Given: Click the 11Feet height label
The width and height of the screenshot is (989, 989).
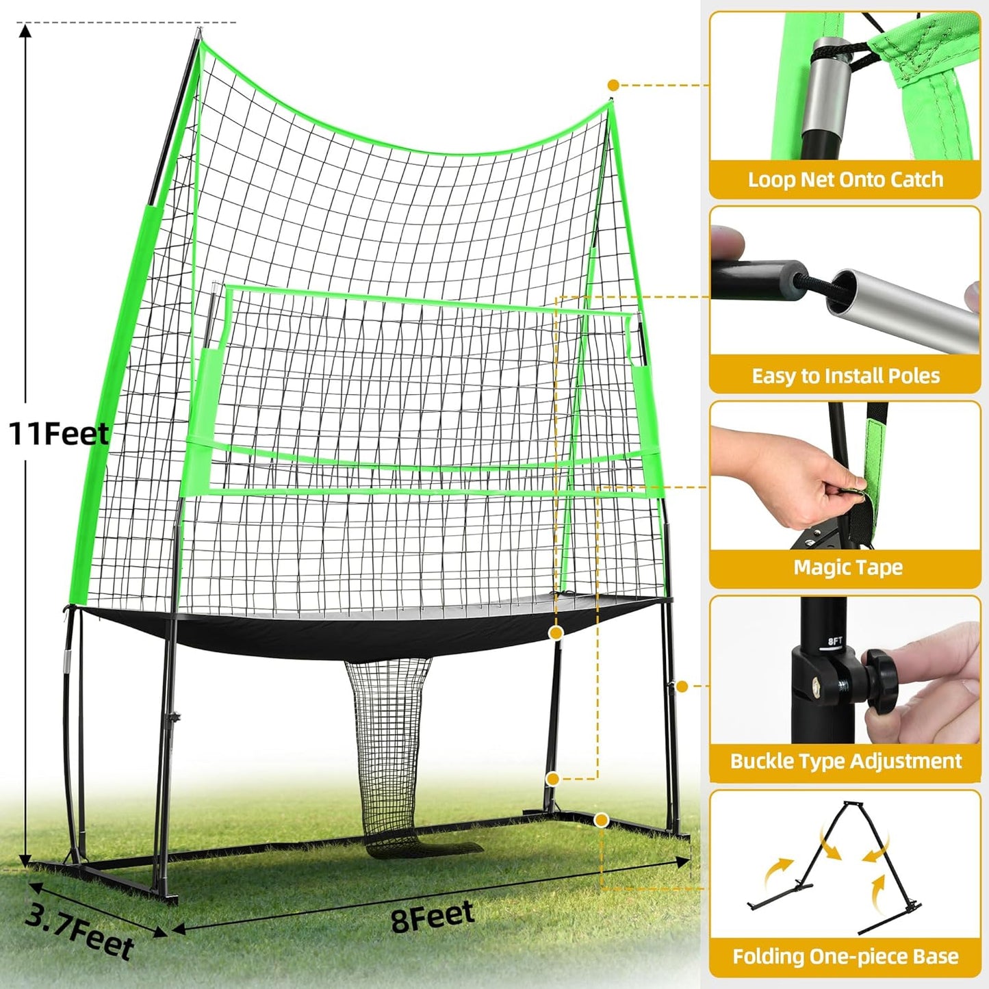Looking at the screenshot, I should click(x=58, y=434).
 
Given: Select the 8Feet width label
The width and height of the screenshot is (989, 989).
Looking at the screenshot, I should click(x=433, y=916).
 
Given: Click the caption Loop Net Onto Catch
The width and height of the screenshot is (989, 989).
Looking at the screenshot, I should click(x=845, y=179).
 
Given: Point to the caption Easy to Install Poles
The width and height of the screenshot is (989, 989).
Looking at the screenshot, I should click(x=845, y=376).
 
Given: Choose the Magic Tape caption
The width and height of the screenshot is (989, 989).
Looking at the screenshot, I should click(x=847, y=567).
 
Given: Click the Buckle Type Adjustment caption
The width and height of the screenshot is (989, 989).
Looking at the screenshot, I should click(x=845, y=761).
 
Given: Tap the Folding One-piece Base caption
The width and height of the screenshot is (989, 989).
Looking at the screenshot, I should click(x=845, y=956).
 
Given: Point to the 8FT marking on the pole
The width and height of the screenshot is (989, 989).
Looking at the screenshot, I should click(x=835, y=642).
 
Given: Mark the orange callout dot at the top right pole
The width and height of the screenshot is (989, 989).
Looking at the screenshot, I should click(x=613, y=85).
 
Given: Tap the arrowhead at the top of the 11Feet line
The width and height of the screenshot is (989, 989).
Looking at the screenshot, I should click(x=25, y=31).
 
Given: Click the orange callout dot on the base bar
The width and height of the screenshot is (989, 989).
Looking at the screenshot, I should click(x=602, y=819).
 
